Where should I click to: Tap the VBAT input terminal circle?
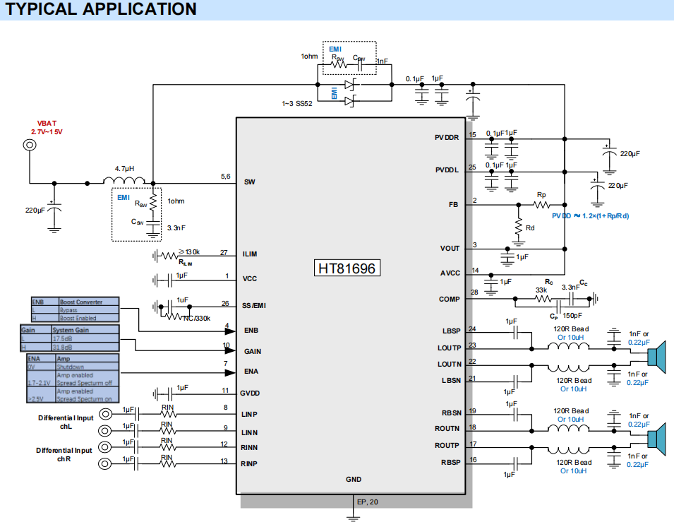(30, 145)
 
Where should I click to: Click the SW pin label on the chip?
(249, 182)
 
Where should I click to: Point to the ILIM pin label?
(251, 253)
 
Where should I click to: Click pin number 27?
(224, 252)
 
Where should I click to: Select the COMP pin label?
(450, 299)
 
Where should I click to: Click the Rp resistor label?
(541, 194)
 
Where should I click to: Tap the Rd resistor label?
(530, 227)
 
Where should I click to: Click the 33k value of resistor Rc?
(541, 290)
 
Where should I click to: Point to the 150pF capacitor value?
(572, 316)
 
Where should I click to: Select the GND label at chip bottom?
(354, 479)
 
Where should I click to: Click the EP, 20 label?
(368, 502)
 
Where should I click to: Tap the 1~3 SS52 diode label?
(296, 104)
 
